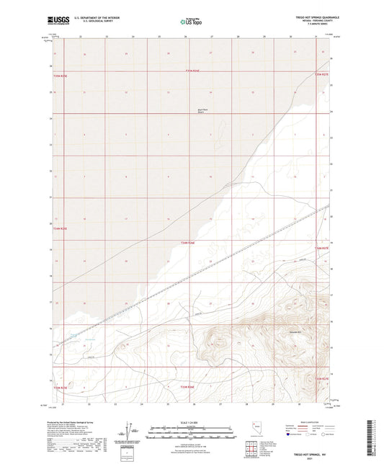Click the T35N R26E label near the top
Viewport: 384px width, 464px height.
192,70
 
